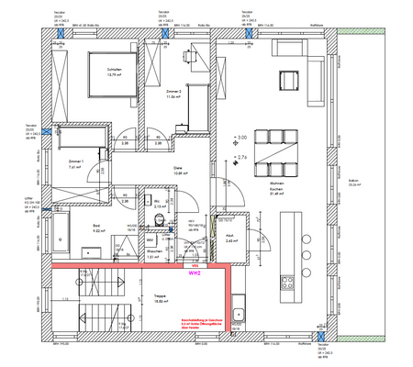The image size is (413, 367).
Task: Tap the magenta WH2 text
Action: pyautogui.click(x=195, y=272)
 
